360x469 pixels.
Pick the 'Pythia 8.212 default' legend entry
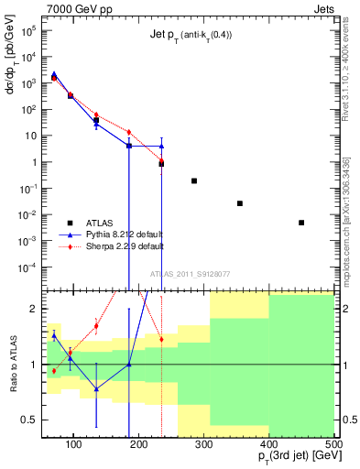[125, 234]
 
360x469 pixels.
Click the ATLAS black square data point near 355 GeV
[240, 203]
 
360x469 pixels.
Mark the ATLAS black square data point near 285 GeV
[194, 180]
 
